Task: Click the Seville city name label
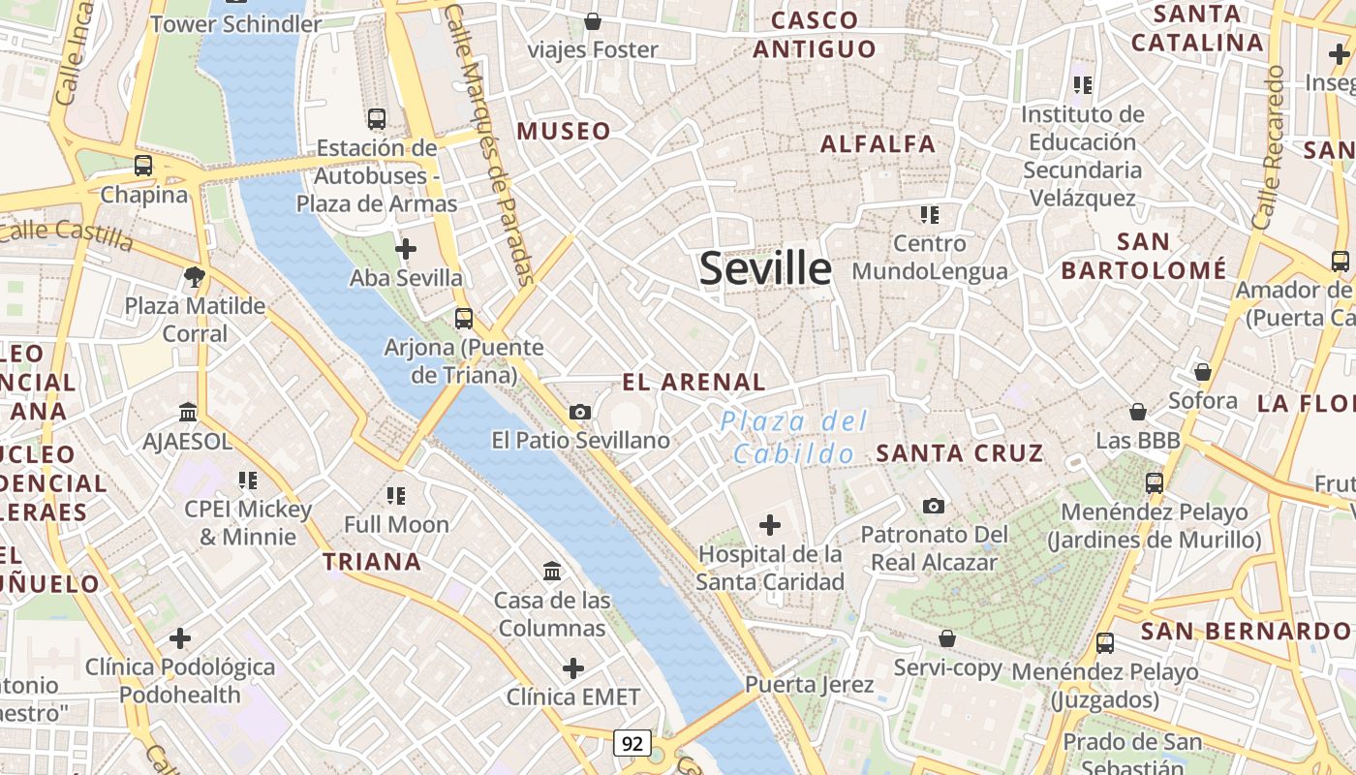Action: (765, 268)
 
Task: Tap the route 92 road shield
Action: (632, 744)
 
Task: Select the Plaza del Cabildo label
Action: (794, 438)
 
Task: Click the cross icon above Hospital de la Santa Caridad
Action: (770, 525)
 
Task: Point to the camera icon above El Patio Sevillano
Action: (580, 413)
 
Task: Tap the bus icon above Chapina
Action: (143, 166)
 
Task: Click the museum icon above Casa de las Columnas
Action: (552, 572)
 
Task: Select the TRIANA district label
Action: (372, 562)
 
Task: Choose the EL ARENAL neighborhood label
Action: (693, 383)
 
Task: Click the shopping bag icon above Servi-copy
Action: (947, 638)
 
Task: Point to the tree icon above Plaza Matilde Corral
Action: (195, 277)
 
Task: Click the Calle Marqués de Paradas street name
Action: (492, 145)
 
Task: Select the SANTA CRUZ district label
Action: (960, 452)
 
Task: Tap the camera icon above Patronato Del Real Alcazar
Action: (934, 506)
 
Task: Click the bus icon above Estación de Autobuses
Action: (377, 119)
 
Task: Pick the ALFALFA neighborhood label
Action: (878, 144)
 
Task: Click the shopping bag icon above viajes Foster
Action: (593, 20)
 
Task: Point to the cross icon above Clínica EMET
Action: (573, 668)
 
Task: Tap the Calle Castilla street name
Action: (66, 233)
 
